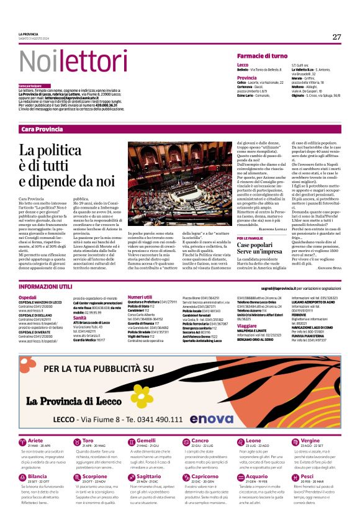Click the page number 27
pos(336,37)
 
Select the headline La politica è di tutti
pos(66,165)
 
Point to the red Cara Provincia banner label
pos(42,128)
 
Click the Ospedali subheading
pos(29,298)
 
